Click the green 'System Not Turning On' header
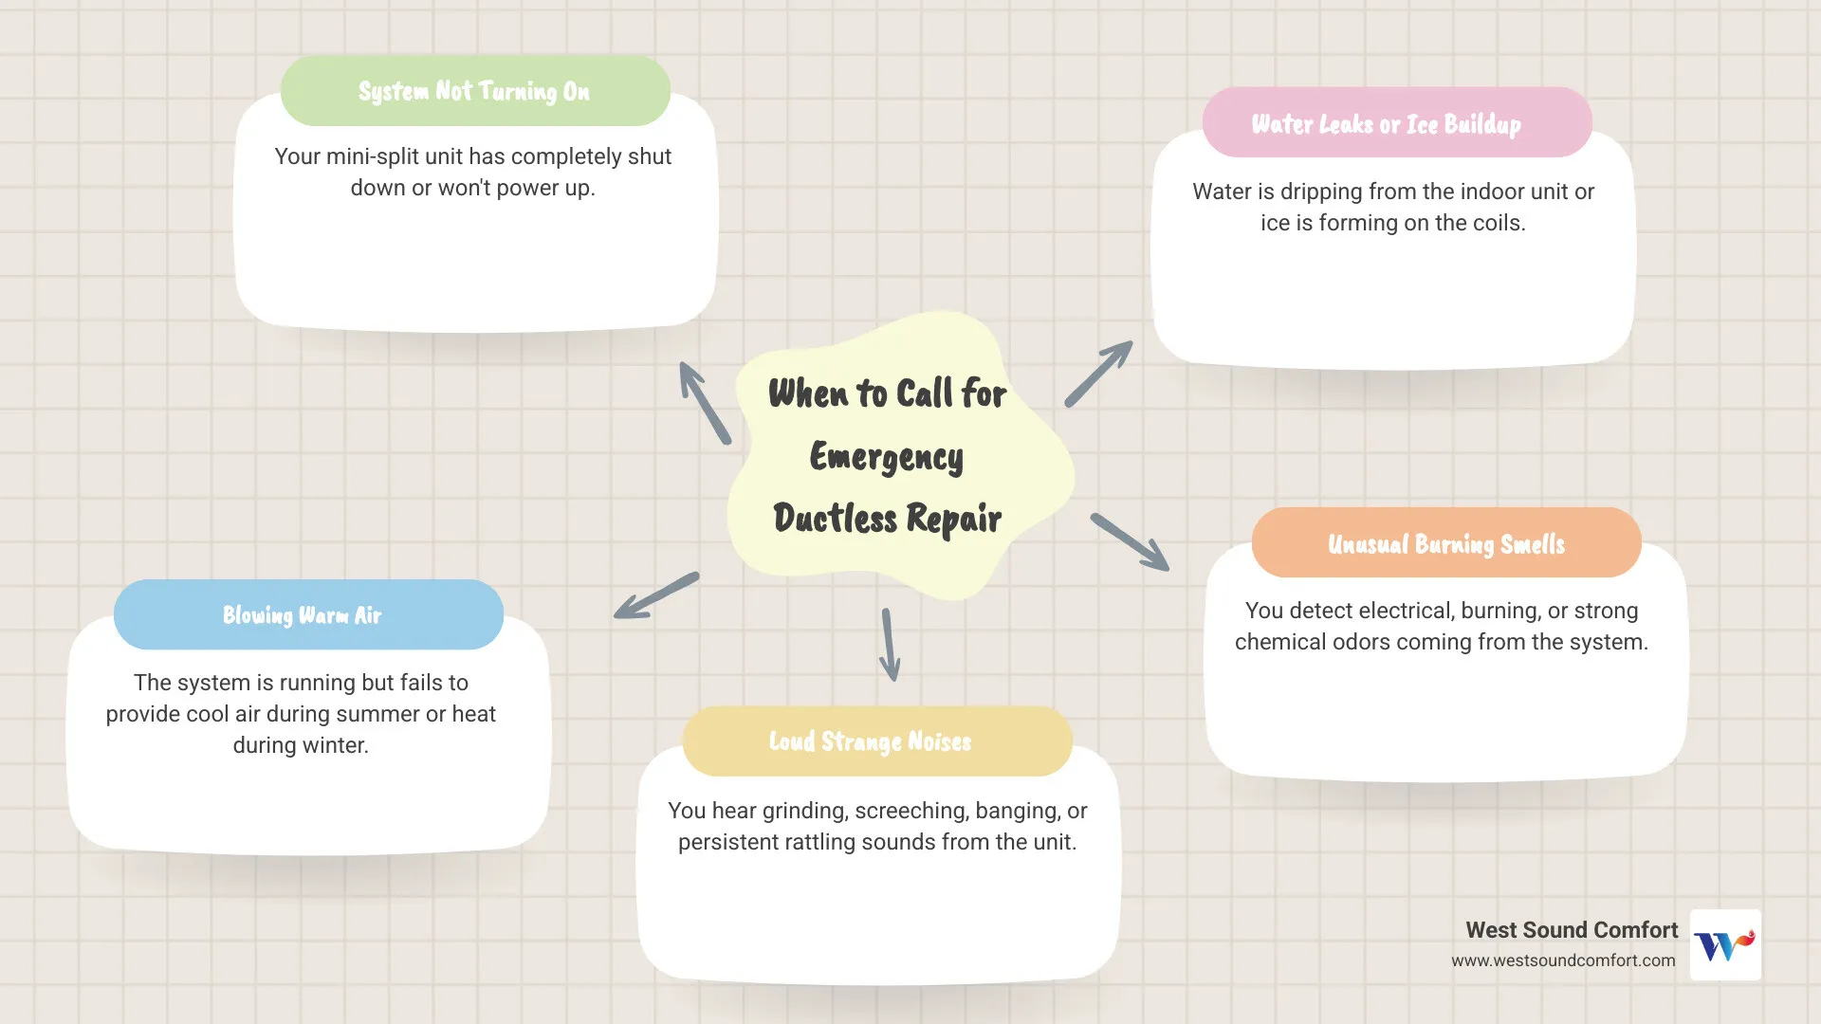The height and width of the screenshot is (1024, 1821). click(x=474, y=91)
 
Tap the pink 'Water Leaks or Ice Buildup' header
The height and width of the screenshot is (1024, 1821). click(x=1387, y=123)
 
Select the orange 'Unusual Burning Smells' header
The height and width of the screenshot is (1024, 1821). click(x=1445, y=543)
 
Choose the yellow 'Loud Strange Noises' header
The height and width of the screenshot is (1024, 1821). click(x=870, y=741)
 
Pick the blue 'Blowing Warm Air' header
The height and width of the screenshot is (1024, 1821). click(x=302, y=615)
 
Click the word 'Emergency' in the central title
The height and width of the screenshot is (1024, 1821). click(x=886, y=457)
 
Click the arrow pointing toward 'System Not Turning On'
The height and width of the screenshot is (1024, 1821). click(x=704, y=402)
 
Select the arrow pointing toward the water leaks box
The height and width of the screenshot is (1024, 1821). click(x=1099, y=374)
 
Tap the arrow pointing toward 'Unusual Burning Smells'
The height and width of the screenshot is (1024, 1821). click(x=1131, y=542)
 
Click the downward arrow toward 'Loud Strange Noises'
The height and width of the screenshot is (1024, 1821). click(x=890, y=645)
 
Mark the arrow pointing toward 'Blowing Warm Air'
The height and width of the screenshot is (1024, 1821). click(x=656, y=596)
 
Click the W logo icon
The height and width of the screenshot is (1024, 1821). click(x=1725, y=944)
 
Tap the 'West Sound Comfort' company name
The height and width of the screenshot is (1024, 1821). click(x=1571, y=930)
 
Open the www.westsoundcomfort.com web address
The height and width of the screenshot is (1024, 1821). click(x=1562, y=960)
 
